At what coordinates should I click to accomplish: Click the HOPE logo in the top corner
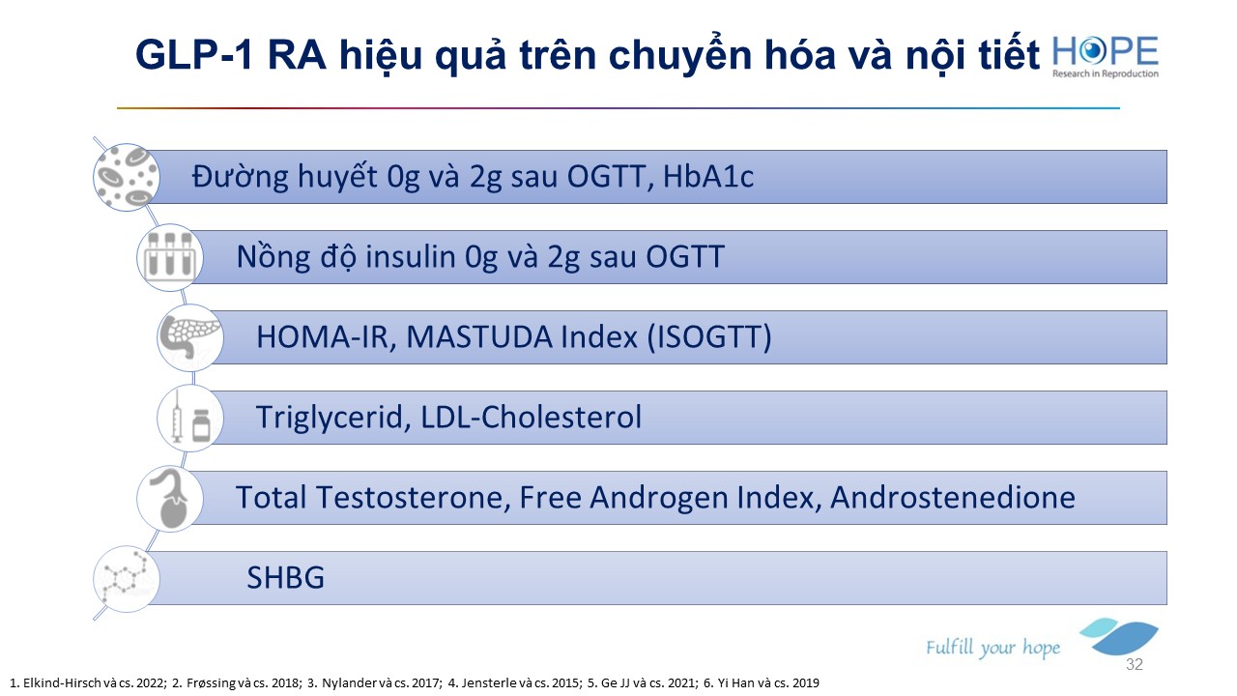1105,56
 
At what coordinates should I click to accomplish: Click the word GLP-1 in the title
194,55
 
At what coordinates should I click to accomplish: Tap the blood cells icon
127,177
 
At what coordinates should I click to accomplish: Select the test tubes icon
170,257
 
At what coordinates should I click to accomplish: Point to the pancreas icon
190,337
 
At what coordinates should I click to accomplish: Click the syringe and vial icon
190,418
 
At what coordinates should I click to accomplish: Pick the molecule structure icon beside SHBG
127,578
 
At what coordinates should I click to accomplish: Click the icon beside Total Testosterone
170,498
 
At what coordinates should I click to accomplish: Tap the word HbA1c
708,177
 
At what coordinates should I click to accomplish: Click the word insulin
411,257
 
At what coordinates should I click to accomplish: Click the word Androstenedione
953,497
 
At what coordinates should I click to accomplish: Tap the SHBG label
285,578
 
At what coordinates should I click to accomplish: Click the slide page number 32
1135,664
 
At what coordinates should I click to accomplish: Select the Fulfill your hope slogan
992,648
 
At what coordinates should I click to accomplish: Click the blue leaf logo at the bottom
1120,636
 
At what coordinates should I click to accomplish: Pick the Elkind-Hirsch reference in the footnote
88,683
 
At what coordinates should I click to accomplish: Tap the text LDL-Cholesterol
532,417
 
